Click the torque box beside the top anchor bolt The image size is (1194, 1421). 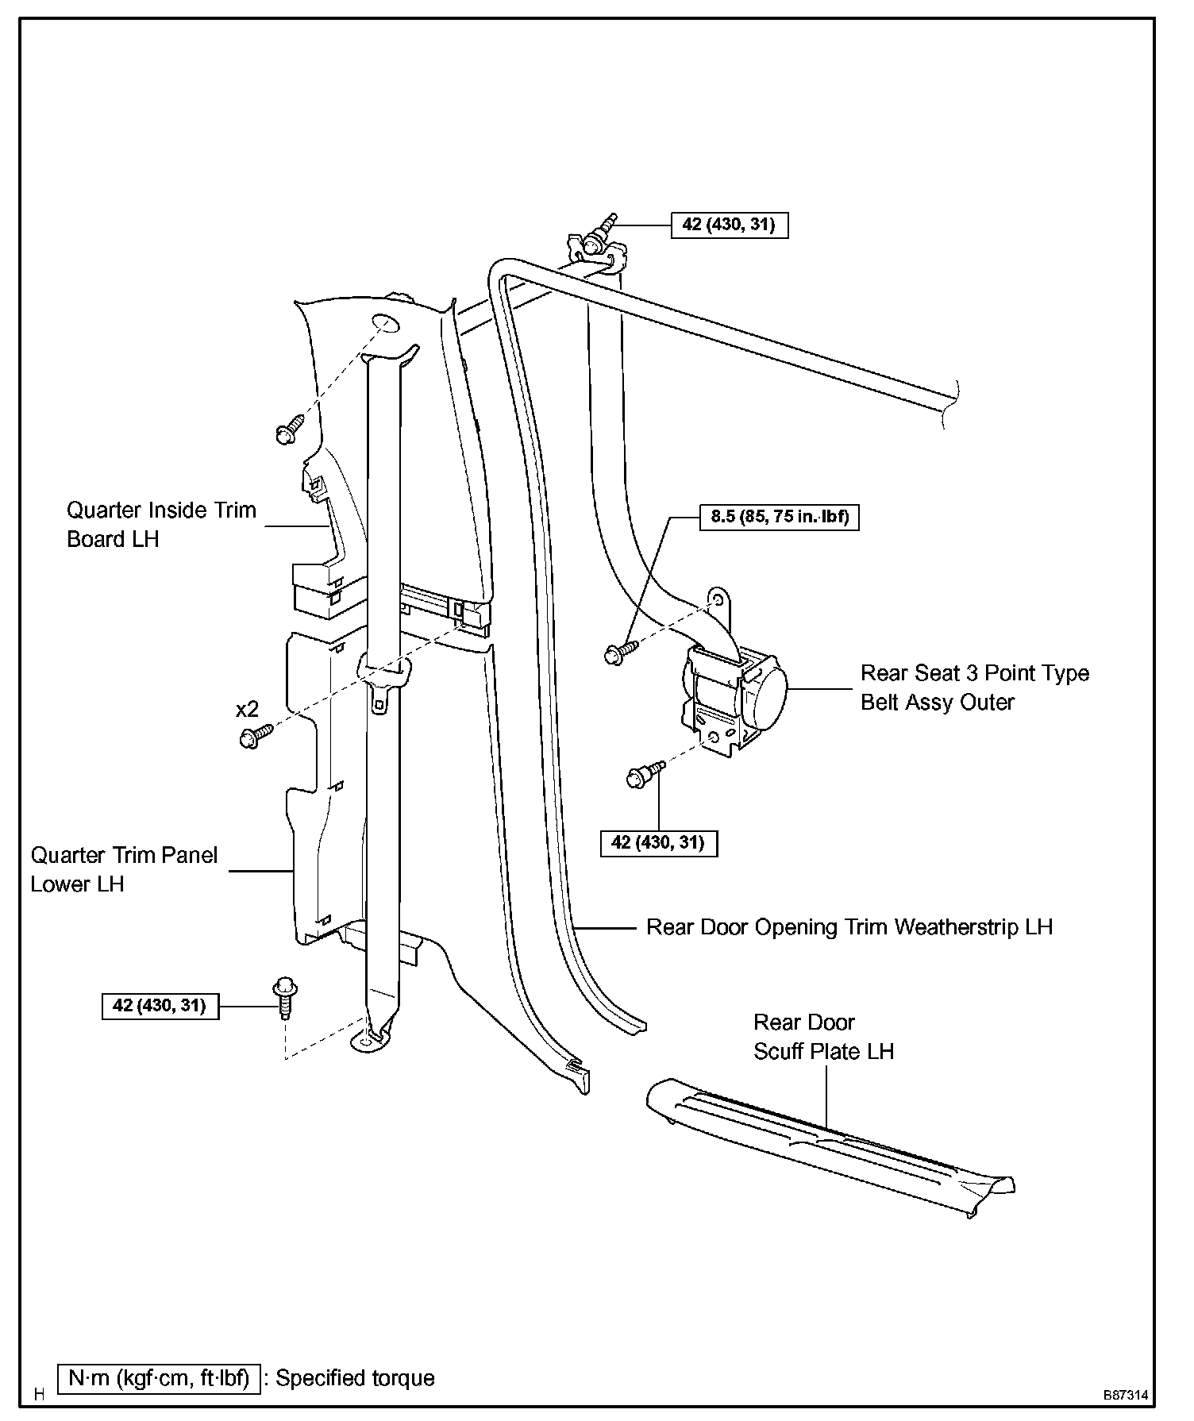(730, 225)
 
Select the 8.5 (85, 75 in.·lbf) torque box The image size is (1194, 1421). (779, 517)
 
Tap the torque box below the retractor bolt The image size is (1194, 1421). (658, 842)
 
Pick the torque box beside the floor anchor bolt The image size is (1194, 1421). (160, 1006)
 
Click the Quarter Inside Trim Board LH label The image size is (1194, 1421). (161, 524)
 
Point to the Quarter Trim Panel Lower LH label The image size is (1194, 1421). (124, 869)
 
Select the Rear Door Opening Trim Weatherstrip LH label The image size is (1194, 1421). (849, 926)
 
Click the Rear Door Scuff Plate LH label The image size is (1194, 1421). (823, 1037)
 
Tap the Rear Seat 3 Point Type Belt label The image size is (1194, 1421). (975, 687)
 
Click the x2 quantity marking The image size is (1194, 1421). (247, 710)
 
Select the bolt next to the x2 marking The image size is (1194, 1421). (256, 736)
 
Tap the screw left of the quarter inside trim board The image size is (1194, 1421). (290, 428)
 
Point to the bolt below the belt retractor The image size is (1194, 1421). (645, 773)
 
